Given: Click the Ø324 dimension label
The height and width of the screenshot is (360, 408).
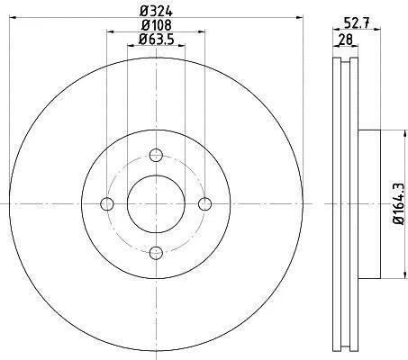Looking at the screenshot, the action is point(156,12).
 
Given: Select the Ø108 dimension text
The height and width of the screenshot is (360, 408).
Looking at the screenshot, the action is point(156,25).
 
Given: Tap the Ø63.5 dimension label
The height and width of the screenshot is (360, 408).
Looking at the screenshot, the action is point(156,40).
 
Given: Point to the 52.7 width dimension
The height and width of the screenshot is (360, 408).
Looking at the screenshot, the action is point(357,22).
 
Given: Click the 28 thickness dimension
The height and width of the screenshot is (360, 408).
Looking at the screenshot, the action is point(345,40).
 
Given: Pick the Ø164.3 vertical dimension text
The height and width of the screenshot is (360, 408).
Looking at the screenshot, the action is point(399,204).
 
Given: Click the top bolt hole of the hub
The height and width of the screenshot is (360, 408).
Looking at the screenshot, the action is point(156,155).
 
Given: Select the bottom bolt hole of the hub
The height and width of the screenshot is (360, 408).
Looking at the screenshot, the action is point(156,253).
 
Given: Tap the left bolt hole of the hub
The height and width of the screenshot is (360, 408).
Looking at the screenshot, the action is point(107,204).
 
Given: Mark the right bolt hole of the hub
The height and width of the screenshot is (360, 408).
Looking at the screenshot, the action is point(205,204).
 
